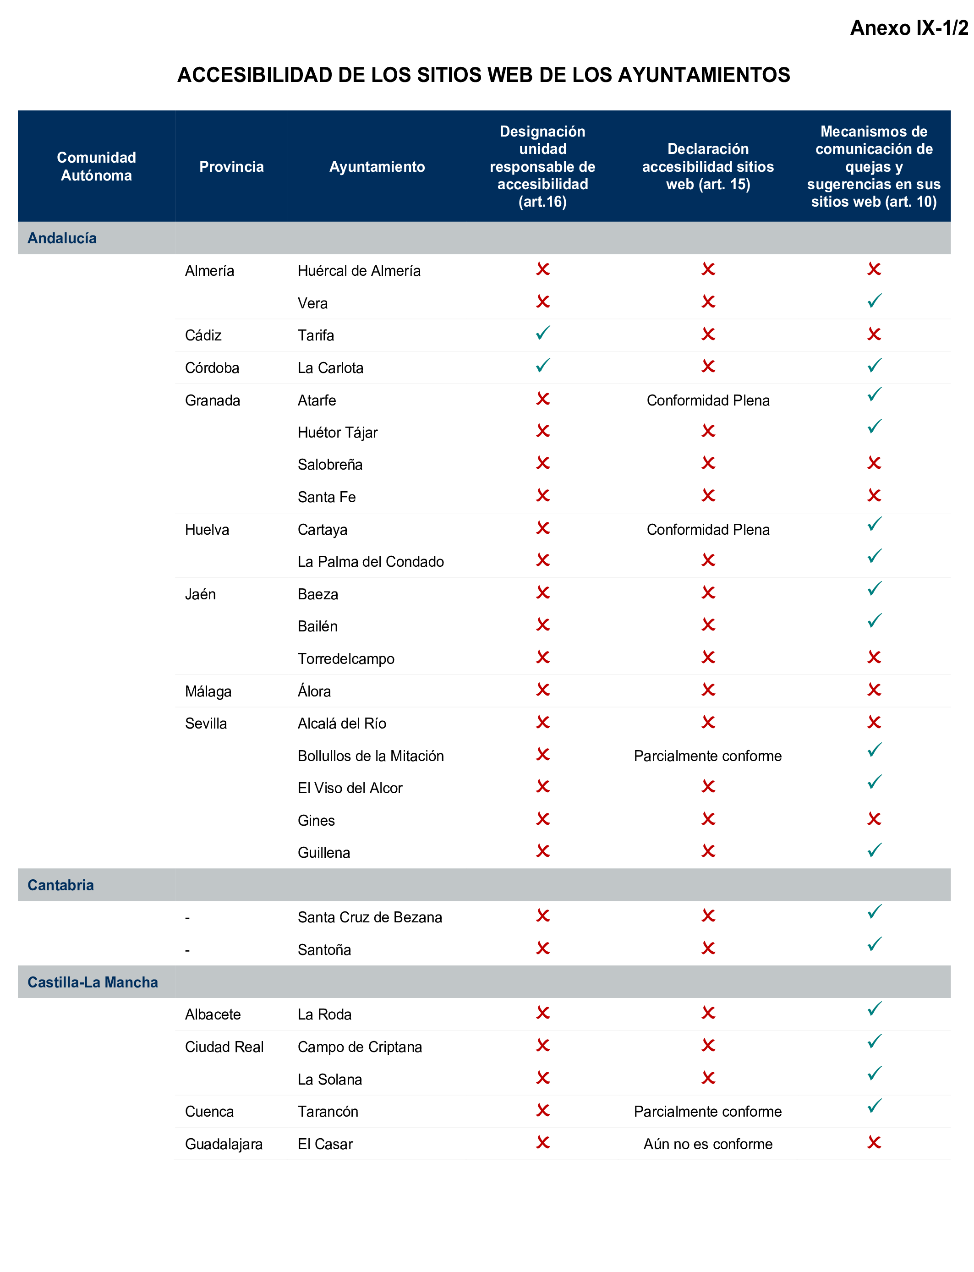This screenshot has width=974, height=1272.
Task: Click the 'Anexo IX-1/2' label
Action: pos(908,28)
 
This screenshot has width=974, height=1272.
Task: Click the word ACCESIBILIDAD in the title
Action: pos(255,75)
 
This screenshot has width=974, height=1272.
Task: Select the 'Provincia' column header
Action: pos(231,167)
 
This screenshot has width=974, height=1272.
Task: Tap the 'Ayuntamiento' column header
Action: pos(377,167)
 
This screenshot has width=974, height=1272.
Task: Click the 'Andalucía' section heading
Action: pos(62,238)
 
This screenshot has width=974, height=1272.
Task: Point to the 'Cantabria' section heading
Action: pos(60,885)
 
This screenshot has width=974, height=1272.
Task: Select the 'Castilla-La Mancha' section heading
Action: pos(93,982)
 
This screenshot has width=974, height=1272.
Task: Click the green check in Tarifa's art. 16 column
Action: pos(542,334)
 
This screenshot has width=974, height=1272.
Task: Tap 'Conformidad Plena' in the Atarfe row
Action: pos(708,400)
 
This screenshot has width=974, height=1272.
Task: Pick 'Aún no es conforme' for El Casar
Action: pos(708,1144)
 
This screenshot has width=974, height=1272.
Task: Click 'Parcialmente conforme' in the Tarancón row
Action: pos(708,1112)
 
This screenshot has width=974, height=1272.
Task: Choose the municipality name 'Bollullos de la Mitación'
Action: pos(371,756)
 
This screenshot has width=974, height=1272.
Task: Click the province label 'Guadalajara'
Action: pos(224,1144)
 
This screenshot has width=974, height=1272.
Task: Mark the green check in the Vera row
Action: pos(874,301)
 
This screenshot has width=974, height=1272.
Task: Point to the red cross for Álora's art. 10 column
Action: pos(874,690)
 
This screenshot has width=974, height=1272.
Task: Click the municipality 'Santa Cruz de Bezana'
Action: pos(370,917)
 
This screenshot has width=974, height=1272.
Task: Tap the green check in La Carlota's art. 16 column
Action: pos(542,366)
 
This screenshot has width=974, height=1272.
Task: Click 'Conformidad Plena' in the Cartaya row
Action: pos(708,530)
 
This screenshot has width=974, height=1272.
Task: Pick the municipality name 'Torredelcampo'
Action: pos(346,659)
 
